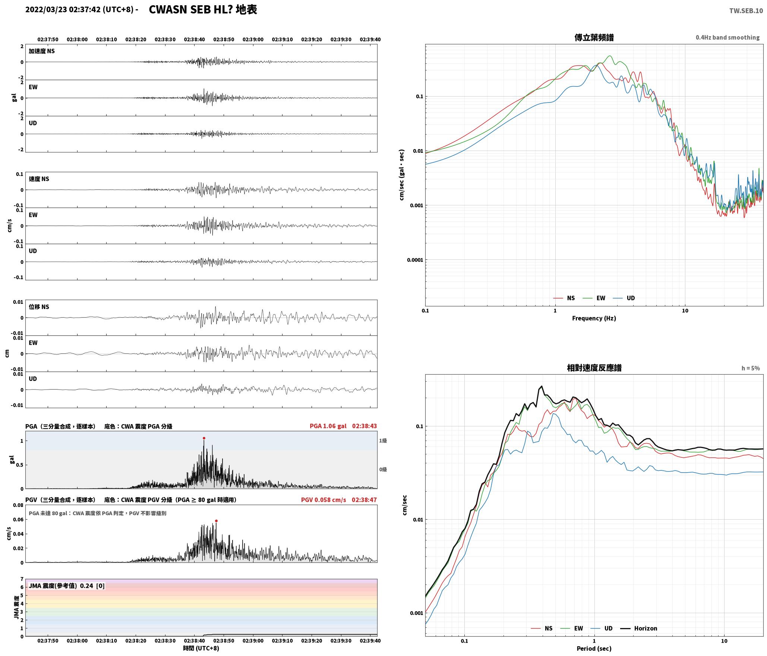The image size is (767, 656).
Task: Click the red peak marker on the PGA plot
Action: click(x=204, y=438)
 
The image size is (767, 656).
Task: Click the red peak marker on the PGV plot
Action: click(x=216, y=521)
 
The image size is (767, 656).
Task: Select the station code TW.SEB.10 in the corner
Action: click(x=746, y=11)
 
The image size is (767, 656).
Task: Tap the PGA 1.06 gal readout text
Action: click(x=328, y=426)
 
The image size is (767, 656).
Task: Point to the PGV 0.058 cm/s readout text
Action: click(x=323, y=500)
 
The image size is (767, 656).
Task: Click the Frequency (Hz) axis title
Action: click(x=594, y=318)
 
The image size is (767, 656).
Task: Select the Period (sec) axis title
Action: click(x=594, y=649)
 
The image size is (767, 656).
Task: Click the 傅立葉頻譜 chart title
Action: click(x=594, y=38)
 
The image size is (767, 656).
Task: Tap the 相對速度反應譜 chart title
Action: click(x=594, y=368)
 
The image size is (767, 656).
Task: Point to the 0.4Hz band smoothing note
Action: click(x=727, y=38)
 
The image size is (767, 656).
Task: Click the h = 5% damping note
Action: click(x=751, y=368)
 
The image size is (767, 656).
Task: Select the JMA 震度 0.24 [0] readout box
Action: click(x=67, y=586)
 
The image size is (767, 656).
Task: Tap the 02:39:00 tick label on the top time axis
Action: click(x=253, y=40)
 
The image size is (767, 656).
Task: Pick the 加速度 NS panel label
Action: click(x=42, y=51)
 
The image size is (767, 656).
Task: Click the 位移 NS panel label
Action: click(x=39, y=307)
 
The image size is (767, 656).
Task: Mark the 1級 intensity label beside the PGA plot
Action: click(x=383, y=441)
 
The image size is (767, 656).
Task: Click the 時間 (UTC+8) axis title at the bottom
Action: click(x=201, y=648)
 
